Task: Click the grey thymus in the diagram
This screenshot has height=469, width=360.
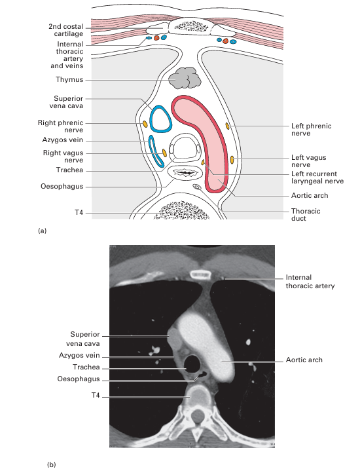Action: [x=184, y=78]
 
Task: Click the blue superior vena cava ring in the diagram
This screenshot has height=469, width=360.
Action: [x=151, y=119]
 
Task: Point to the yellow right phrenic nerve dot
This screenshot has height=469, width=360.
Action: [x=145, y=124]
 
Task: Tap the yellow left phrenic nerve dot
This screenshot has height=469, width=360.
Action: [x=227, y=126]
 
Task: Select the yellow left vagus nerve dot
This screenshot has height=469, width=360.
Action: [x=232, y=160]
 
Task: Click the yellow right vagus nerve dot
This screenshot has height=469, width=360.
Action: [x=164, y=153]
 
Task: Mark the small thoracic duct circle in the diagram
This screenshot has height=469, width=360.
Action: [x=197, y=187]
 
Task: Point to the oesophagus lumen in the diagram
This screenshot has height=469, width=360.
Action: [x=184, y=173]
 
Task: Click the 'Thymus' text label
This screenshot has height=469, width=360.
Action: [x=69, y=79]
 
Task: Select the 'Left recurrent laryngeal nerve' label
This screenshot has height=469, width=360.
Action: [x=317, y=178]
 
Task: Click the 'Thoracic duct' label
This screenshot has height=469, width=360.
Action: [x=306, y=215]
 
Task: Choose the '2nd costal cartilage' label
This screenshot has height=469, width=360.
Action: [x=65, y=30]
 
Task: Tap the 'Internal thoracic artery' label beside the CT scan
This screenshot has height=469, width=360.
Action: [x=310, y=282]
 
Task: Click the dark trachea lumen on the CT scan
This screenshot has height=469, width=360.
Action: [x=192, y=363]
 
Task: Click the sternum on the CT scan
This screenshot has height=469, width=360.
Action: [x=202, y=274]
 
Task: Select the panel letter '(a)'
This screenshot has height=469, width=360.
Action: [x=42, y=231]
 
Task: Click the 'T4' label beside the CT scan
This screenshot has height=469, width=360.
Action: [x=96, y=396]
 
